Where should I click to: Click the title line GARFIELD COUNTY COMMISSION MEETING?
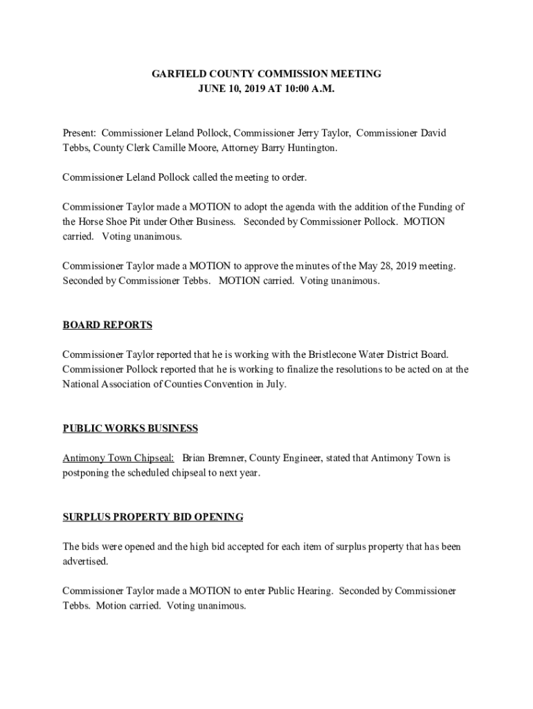(x=266, y=74)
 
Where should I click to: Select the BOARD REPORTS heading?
(x=107, y=325)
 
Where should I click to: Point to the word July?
(x=274, y=384)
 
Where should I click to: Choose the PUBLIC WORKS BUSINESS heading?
(x=130, y=429)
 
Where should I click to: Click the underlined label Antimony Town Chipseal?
(x=118, y=458)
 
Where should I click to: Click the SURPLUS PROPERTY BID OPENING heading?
(x=153, y=517)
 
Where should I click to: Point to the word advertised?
(x=85, y=562)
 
